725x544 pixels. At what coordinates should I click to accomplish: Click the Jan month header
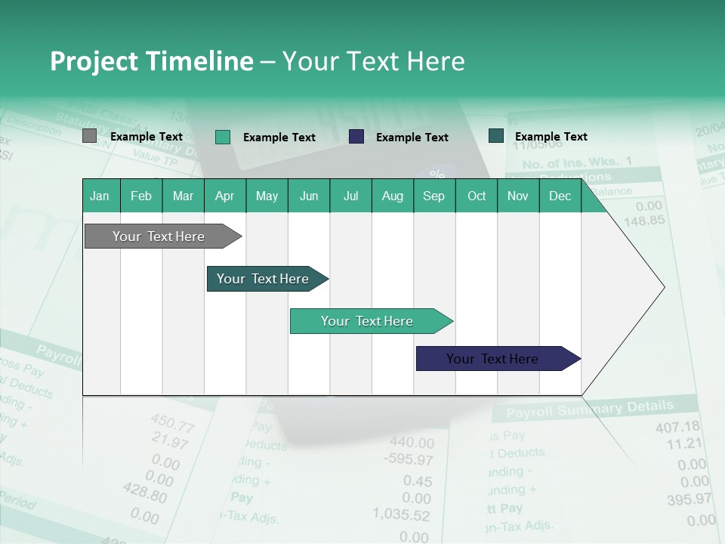[100, 196]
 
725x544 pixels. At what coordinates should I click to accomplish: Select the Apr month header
[224, 196]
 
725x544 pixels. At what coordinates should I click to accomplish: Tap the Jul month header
[350, 196]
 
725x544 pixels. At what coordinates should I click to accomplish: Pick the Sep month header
[433, 196]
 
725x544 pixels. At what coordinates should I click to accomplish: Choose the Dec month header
[560, 196]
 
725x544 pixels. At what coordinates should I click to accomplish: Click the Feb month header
[141, 196]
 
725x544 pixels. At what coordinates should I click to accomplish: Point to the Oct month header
[477, 196]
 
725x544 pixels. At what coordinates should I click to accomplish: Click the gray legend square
[89, 136]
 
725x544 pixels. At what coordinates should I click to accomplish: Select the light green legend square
[222, 137]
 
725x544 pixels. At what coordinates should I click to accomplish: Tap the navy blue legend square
[356, 136]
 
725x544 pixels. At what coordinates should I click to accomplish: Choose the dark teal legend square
[495, 135]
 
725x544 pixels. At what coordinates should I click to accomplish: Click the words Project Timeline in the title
[151, 61]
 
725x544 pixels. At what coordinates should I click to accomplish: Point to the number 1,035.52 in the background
[401, 515]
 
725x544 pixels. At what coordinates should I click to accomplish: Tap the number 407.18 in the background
[677, 427]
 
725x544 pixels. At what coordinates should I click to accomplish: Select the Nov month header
[518, 196]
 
